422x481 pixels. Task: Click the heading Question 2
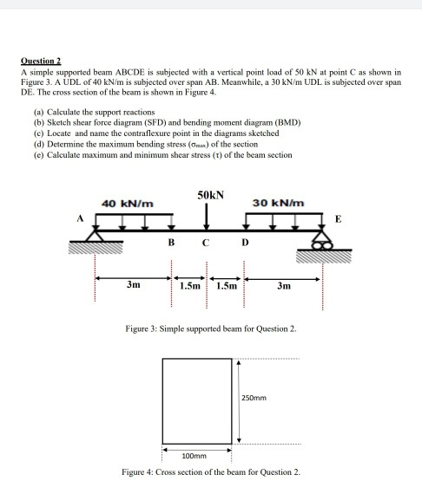43,62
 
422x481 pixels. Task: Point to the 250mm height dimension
255,399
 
